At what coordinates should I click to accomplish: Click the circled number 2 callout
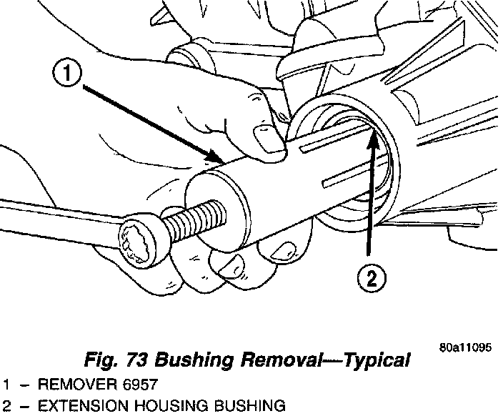[372, 279]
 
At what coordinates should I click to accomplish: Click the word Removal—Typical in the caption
[329, 360]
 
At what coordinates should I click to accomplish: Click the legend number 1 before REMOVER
[6, 385]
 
